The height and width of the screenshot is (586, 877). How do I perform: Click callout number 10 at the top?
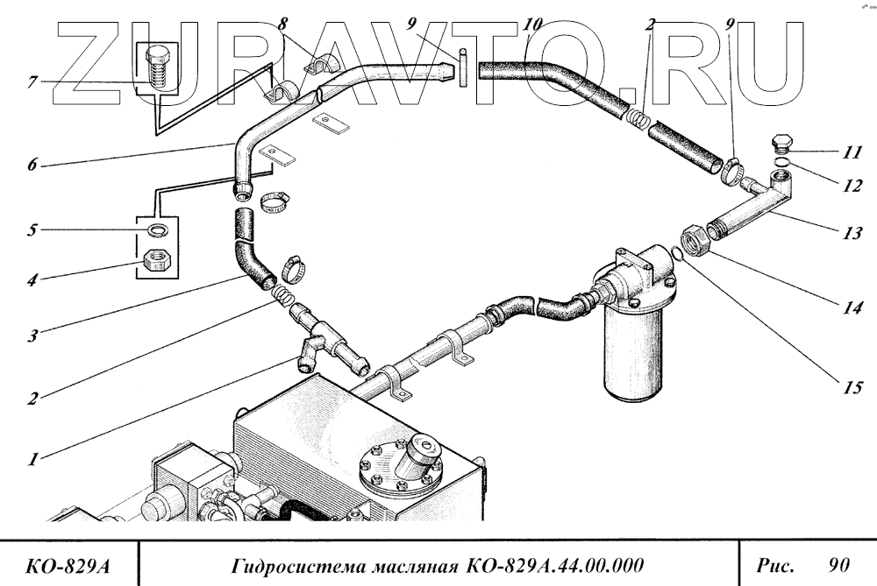[x=532, y=24]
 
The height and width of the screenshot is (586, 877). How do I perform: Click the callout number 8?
[x=282, y=24]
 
